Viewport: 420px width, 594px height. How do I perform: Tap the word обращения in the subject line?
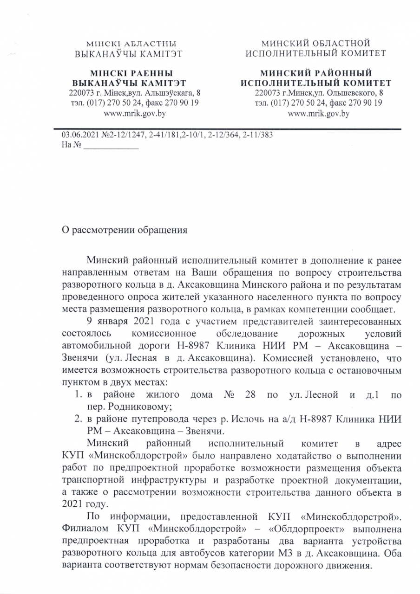159,230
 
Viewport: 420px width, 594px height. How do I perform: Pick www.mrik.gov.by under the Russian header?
319,113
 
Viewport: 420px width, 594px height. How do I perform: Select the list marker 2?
79,420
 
